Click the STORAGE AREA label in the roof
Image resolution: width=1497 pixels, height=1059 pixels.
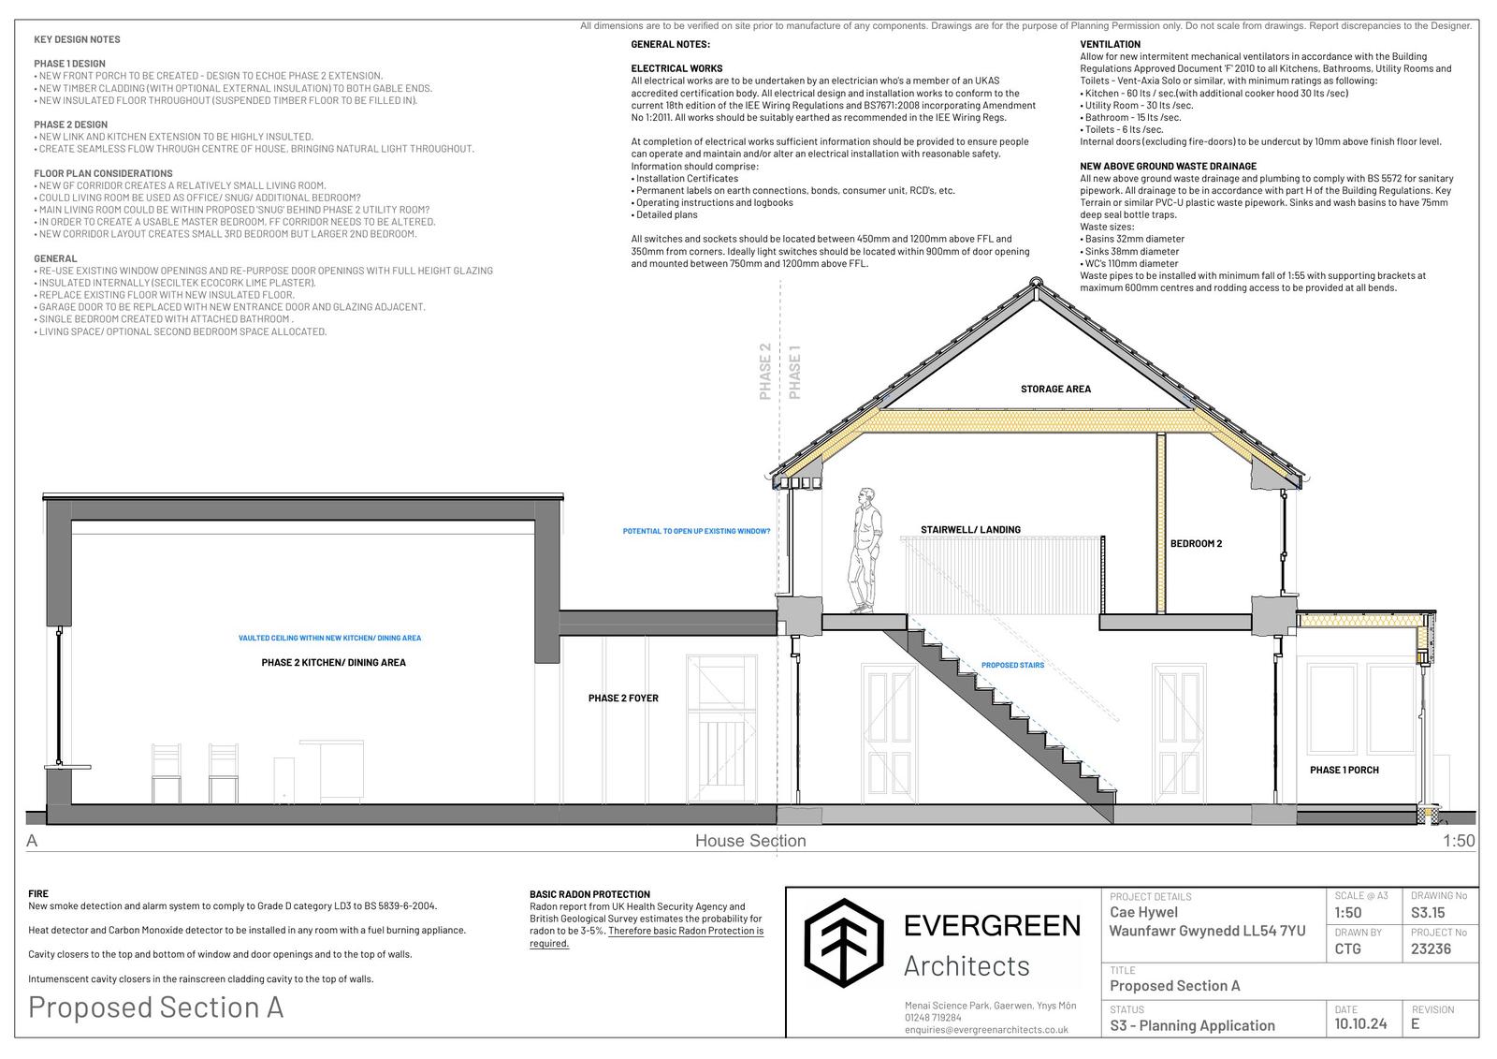point(1055,389)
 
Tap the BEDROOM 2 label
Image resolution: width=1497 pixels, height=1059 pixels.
point(1196,543)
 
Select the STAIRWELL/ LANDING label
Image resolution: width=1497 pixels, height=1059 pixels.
point(970,529)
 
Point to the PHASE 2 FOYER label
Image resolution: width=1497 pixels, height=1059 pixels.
point(623,698)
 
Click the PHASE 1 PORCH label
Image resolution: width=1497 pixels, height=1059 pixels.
point(1344,770)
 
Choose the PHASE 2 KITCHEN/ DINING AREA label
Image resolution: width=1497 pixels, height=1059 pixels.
point(333,662)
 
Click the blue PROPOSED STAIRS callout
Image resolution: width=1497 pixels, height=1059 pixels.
point(1012,665)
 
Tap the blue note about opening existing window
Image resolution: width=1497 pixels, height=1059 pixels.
point(696,531)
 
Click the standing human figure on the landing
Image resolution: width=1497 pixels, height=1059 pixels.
point(865,550)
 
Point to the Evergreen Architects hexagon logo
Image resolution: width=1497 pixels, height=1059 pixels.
point(844,943)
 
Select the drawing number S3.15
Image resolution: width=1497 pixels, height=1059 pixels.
point(1428,912)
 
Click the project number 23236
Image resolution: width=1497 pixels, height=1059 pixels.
point(1431,949)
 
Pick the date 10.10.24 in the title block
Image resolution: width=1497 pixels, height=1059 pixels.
point(1360,1023)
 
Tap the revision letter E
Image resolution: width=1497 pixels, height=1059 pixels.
point(1416,1023)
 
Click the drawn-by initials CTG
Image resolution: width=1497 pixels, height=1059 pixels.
point(1348,949)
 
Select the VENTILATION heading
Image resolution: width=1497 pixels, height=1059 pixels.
point(1110,44)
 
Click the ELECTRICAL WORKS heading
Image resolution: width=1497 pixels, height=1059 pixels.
point(676,68)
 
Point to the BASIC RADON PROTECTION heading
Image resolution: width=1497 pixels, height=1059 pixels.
point(589,894)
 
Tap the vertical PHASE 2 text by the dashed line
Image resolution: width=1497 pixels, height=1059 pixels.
point(765,372)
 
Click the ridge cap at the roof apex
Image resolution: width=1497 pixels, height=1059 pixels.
point(1036,282)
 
